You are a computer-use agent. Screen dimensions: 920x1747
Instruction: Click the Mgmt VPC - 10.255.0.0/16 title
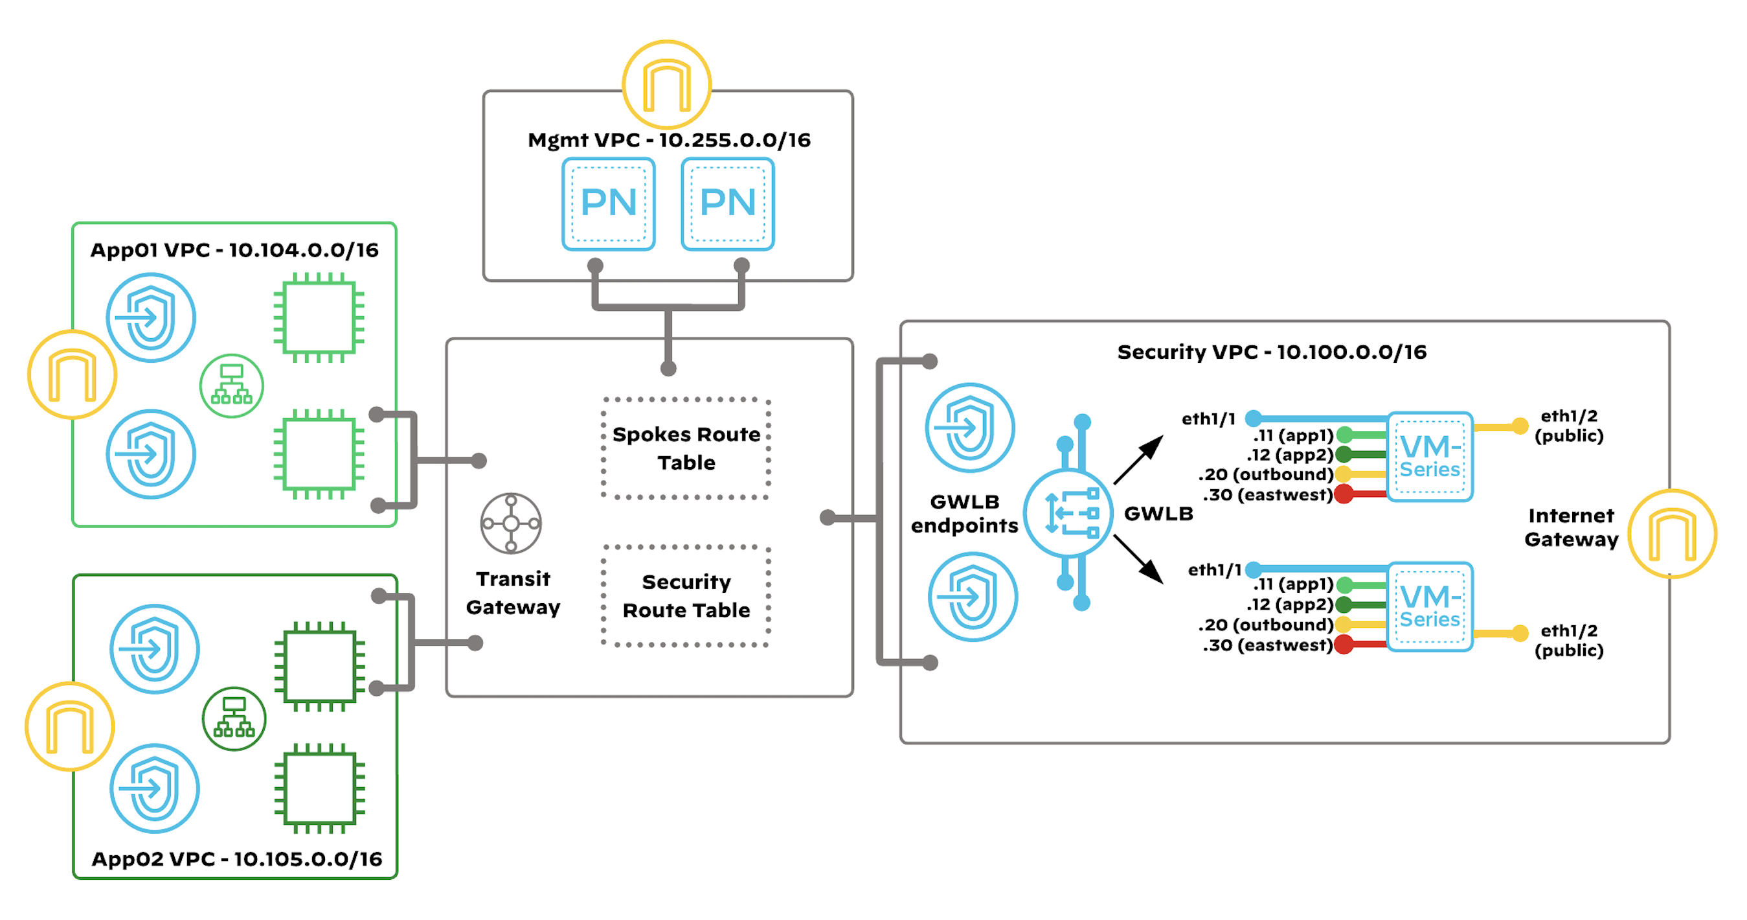point(669,140)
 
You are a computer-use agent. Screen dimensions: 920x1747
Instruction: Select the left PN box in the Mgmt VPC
point(608,203)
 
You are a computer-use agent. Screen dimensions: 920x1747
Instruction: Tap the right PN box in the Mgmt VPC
point(727,203)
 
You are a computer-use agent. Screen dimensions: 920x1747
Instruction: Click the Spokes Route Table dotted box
point(686,448)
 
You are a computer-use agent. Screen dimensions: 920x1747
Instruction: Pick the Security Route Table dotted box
point(686,595)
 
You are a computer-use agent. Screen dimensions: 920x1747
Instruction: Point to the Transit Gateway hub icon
point(511,523)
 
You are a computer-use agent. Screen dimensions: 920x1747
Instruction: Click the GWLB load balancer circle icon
point(1068,513)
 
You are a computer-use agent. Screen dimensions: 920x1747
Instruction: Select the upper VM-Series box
point(1430,457)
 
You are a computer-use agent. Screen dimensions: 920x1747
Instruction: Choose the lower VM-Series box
point(1430,606)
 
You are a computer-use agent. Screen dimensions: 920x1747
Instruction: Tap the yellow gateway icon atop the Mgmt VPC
point(667,85)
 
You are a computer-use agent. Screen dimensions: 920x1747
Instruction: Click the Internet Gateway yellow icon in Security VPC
point(1672,534)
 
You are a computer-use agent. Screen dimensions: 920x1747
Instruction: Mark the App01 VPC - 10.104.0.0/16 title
point(234,250)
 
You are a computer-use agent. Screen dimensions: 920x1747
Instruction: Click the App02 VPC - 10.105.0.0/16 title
point(237,859)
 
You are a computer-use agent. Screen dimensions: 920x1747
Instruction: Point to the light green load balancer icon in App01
point(231,385)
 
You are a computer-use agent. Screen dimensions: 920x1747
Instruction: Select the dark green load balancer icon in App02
point(234,719)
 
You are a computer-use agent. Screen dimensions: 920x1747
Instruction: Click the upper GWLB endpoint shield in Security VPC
point(970,428)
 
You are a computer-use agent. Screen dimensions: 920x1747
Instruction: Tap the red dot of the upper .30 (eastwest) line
point(1344,494)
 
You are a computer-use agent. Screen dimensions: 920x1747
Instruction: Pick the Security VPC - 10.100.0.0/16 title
point(1272,352)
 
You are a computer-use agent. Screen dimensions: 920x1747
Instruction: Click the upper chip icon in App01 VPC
point(319,317)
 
